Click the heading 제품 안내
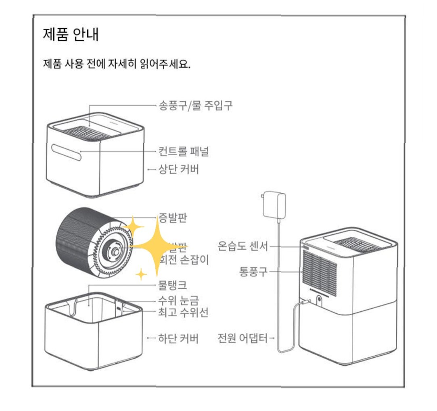click(70, 35)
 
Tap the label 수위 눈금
click(178, 299)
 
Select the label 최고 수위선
click(183, 312)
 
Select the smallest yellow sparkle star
click(141, 275)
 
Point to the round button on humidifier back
click(319, 300)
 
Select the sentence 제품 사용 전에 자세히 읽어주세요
click(116, 64)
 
